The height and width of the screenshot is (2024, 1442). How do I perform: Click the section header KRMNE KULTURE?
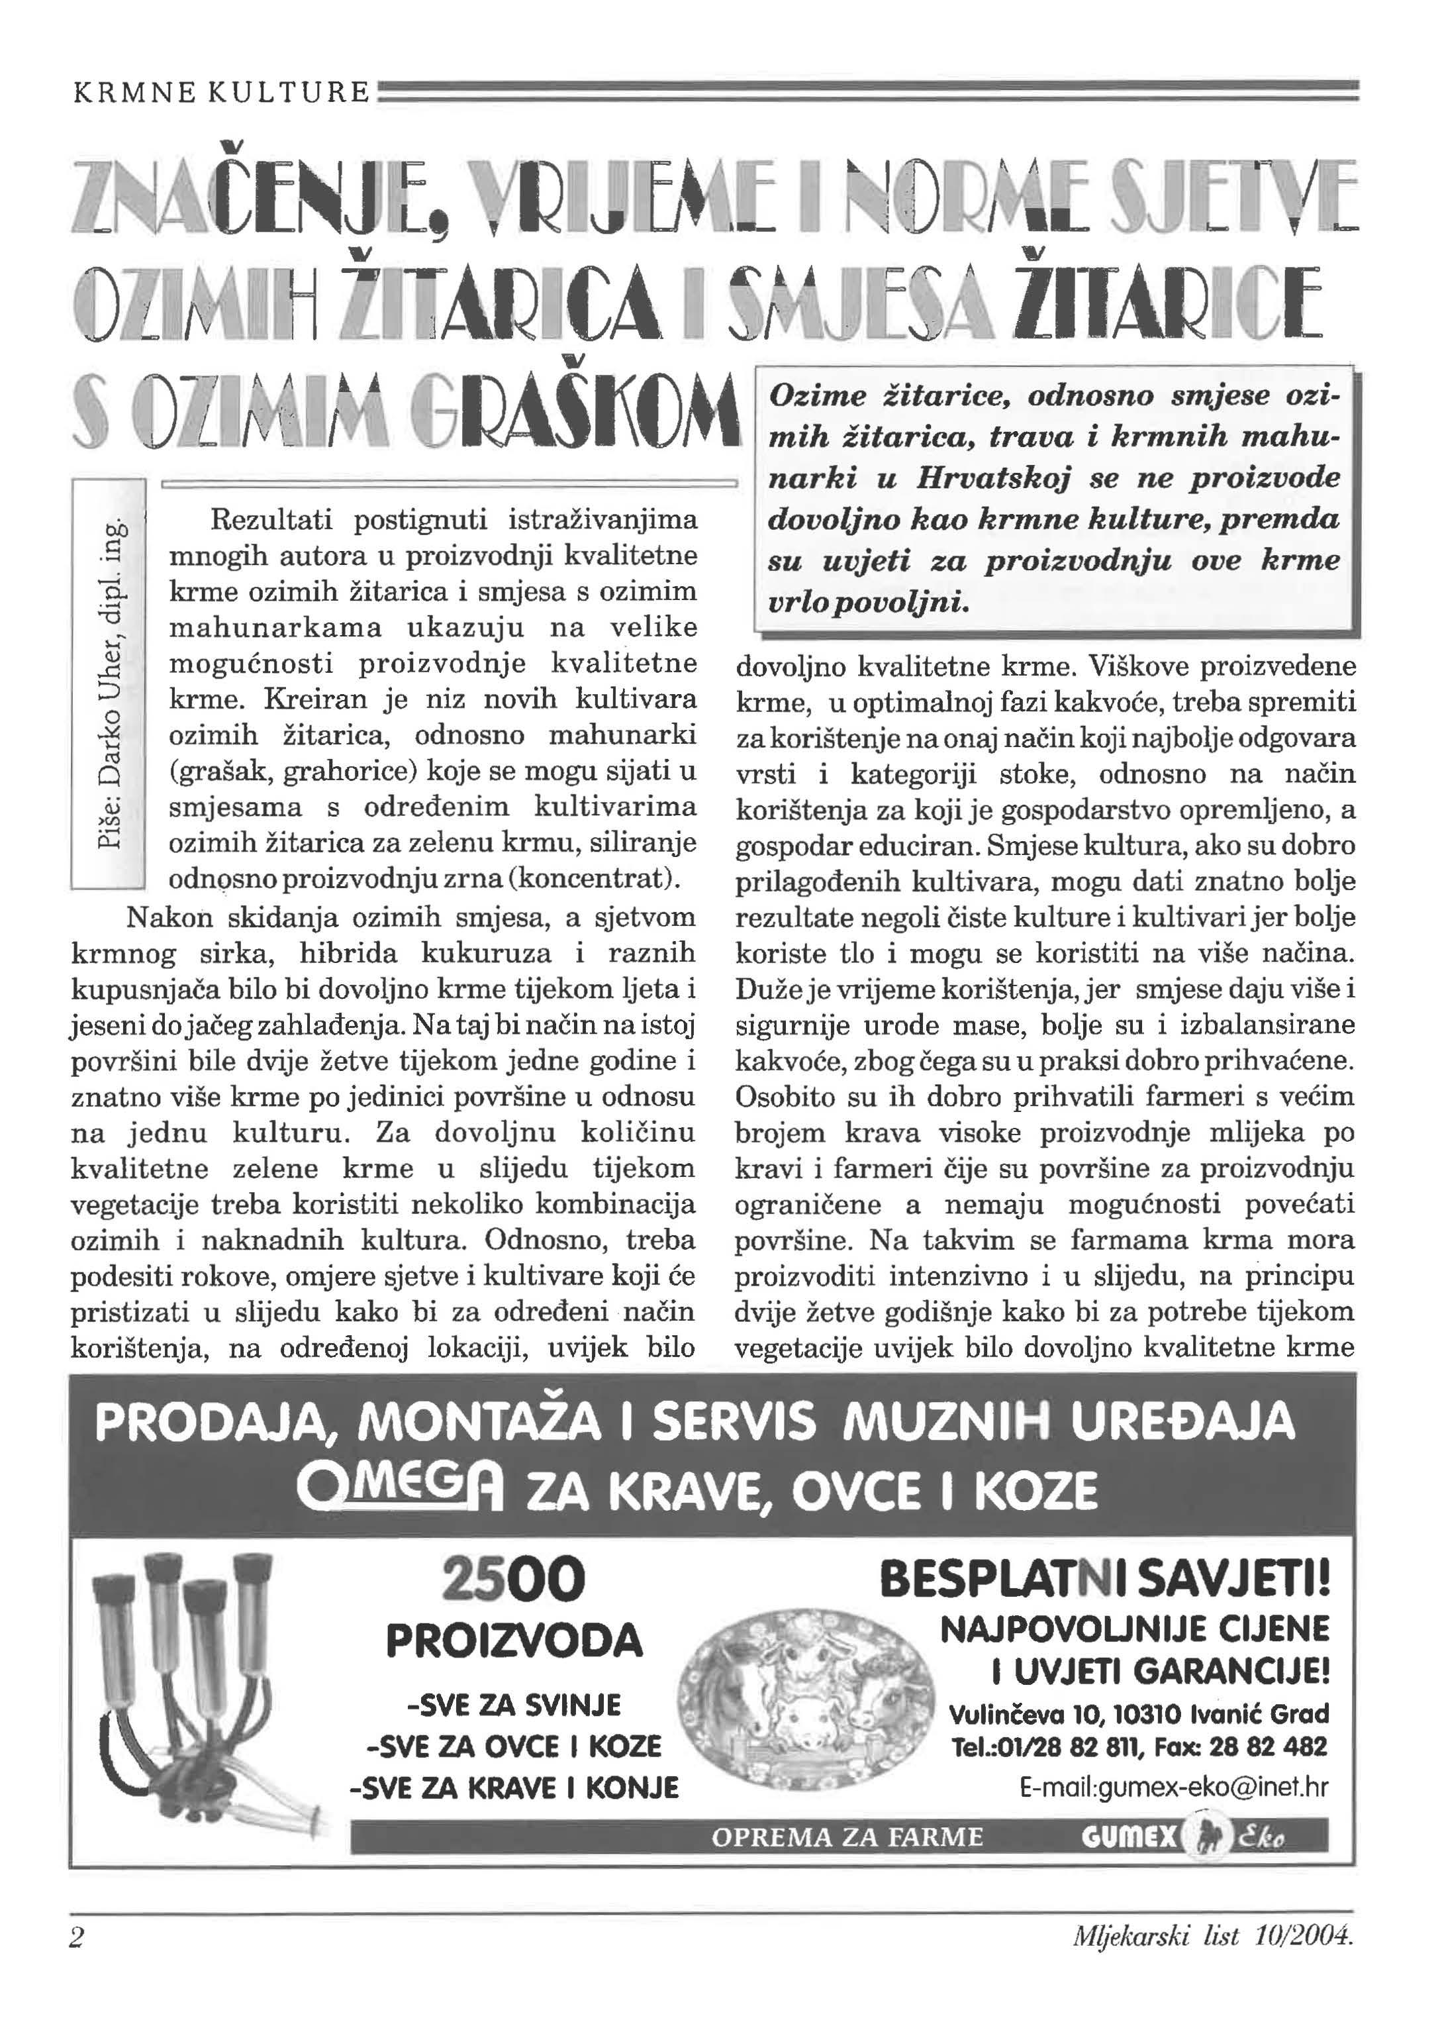[x=220, y=91]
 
